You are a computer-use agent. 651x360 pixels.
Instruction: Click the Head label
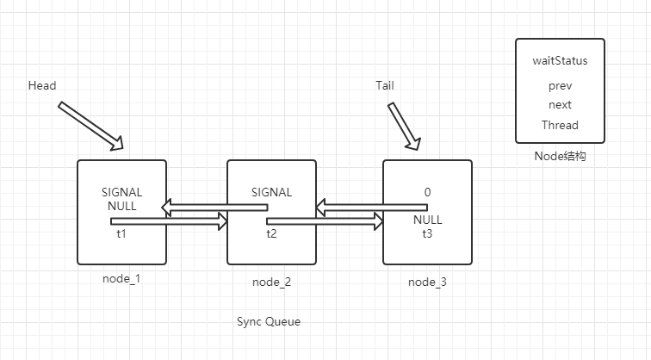[x=42, y=86]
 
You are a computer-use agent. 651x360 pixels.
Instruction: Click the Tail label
[x=385, y=86]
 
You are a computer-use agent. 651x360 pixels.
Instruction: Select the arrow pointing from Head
[x=90, y=124]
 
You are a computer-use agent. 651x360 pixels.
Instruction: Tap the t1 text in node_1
[x=121, y=233]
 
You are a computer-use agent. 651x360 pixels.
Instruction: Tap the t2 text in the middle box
[x=271, y=233]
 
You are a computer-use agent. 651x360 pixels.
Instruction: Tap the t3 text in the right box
[x=427, y=233]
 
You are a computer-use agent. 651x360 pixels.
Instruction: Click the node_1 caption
[x=121, y=279]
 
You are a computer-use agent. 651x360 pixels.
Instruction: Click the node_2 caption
[x=271, y=282]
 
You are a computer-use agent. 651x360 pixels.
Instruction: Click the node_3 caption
[x=427, y=282]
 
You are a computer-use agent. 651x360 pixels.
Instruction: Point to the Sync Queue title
[x=269, y=321]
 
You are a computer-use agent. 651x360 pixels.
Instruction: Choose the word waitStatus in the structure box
[x=559, y=62]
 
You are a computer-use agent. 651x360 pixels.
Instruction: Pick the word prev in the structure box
[x=560, y=86]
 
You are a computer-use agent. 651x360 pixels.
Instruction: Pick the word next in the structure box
[x=560, y=105]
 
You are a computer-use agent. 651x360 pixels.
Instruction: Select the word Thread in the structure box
[x=560, y=125]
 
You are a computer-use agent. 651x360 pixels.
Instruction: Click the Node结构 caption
[x=560, y=158]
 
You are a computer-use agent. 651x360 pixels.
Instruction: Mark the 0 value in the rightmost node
[x=427, y=192]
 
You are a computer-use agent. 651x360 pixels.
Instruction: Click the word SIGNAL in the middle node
[x=271, y=192]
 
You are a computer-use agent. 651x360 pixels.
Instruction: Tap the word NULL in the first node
[x=121, y=207]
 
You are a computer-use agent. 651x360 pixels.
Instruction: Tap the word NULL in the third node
[x=427, y=220]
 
